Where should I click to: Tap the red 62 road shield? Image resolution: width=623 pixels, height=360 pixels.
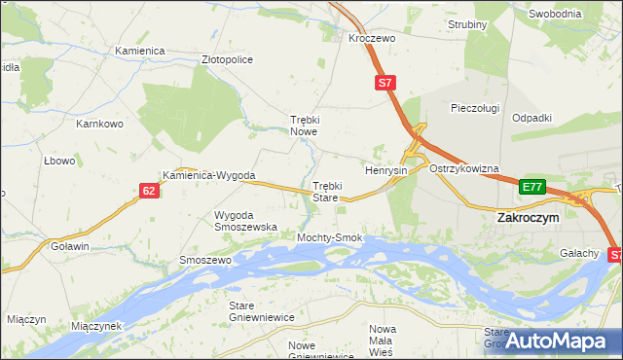[148, 191]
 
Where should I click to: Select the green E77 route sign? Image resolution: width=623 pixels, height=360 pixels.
[531, 187]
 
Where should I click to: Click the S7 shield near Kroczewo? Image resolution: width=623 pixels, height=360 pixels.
[385, 84]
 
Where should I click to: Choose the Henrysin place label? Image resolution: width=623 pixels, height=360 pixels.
[385, 170]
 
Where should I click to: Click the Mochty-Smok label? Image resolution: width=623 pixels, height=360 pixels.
[330, 237]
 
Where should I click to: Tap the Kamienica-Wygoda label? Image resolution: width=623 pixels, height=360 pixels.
[209, 176]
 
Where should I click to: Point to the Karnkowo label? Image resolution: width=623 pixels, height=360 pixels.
[100, 125]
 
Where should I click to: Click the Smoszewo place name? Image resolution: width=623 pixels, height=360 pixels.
[204, 261]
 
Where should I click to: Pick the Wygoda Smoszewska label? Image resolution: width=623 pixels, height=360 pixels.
[245, 220]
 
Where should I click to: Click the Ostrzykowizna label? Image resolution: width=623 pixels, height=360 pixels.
[463, 168]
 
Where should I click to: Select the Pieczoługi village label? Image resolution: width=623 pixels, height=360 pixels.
[475, 108]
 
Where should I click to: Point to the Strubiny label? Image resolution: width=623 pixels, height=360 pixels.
[467, 23]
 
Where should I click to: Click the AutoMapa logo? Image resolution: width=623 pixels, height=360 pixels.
[558, 341]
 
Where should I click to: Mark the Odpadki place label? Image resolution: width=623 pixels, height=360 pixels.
[531, 118]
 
